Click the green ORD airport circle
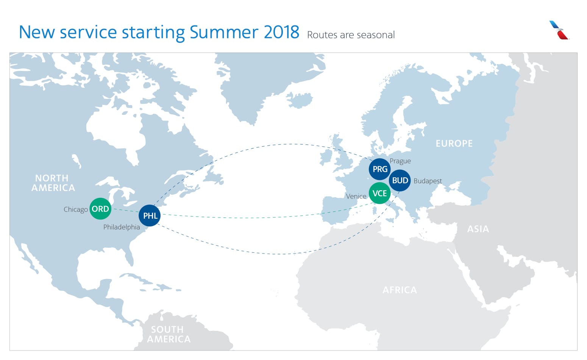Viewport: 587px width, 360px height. (x=100, y=209)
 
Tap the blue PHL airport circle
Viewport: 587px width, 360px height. (x=150, y=216)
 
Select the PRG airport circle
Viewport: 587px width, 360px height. (x=379, y=169)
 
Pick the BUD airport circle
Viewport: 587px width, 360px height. (x=400, y=180)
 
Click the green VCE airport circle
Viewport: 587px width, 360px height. (x=379, y=193)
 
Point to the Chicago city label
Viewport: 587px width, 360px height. (x=75, y=210)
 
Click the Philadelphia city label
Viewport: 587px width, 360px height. (x=122, y=227)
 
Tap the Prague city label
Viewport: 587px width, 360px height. (x=400, y=161)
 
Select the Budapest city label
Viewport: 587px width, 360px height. (x=428, y=181)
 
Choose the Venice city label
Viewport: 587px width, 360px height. (x=356, y=196)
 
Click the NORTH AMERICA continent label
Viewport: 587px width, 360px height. (x=53, y=183)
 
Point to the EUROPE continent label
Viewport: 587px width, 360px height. (x=454, y=144)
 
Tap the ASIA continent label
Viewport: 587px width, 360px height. (x=478, y=229)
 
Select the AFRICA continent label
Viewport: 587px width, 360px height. (x=400, y=290)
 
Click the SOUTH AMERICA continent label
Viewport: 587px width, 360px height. (x=168, y=334)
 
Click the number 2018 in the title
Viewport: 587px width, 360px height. (x=281, y=32)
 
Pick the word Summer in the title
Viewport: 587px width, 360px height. (x=223, y=32)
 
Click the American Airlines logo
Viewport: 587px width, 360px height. (x=559, y=30)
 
